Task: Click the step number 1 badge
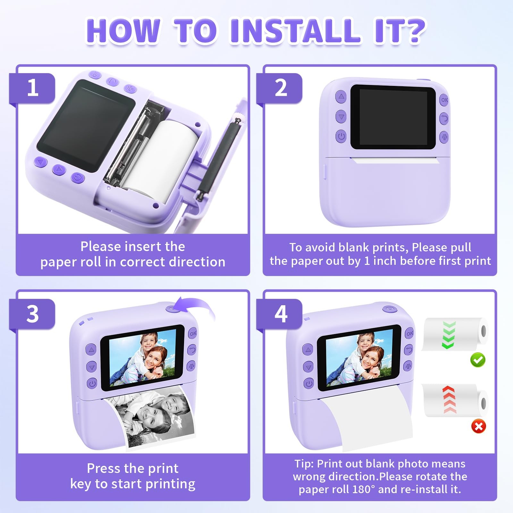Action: [x=32, y=88]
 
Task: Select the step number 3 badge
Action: [x=32, y=314]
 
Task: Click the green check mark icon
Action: [x=478, y=360]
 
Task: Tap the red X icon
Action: [x=478, y=426]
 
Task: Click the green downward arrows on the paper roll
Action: [x=449, y=335]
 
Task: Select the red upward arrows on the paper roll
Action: [x=450, y=400]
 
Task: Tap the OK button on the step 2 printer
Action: [x=444, y=100]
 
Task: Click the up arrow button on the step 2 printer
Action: [x=341, y=97]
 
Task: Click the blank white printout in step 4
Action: [x=369, y=420]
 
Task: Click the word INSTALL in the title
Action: [x=295, y=31]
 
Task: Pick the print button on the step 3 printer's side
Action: [x=191, y=366]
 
